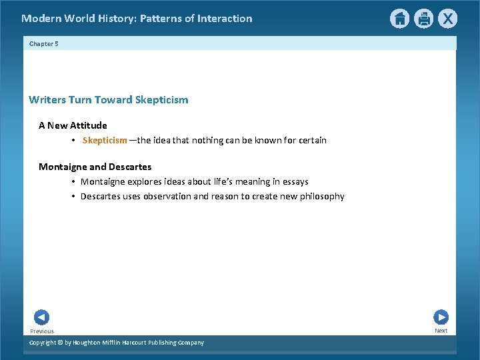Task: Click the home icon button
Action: tap(399, 19)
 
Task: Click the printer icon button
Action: tap(423, 19)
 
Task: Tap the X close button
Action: tap(447, 19)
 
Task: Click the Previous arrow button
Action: tap(41, 317)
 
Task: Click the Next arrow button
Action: tap(441, 317)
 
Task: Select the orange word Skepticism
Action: tap(105, 140)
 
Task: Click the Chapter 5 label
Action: tap(44, 43)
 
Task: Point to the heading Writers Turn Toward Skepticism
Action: tap(109, 100)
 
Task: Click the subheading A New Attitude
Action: tap(73, 125)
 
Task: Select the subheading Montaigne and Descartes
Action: tap(95, 167)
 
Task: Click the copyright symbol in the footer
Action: tap(60, 343)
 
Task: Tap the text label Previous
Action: tap(42, 331)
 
